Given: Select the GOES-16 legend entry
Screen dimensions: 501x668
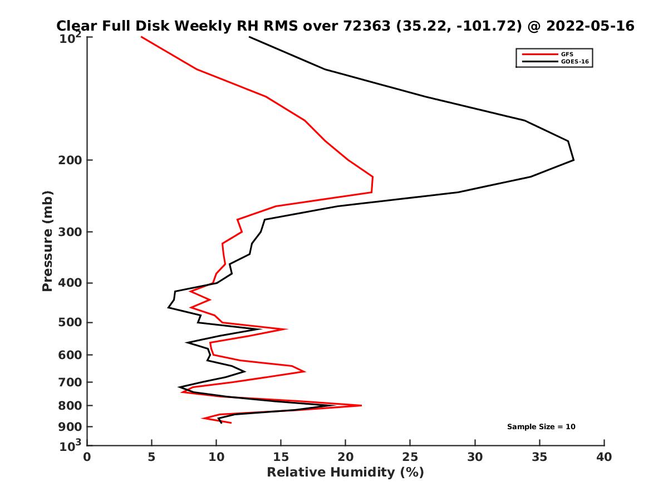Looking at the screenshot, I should click(x=573, y=61).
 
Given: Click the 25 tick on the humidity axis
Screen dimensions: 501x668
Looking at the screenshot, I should click(x=410, y=457).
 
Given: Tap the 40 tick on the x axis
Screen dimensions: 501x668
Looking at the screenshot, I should click(x=604, y=457).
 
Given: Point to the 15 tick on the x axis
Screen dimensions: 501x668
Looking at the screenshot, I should click(x=281, y=457).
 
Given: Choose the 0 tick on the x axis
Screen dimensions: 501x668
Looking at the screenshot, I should click(x=87, y=457).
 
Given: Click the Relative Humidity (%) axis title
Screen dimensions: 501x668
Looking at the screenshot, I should click(x=345, y=473).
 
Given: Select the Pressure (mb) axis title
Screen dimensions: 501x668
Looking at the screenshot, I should click(x=47, y=240).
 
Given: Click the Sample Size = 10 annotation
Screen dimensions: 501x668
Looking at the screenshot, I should click(x=541, y=427).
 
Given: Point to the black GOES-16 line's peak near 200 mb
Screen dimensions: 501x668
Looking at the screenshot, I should click(x=573, y=160).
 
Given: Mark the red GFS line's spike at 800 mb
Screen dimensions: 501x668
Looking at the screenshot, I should click(x=361, y=405).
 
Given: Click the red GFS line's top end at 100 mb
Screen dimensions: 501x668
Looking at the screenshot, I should click(x=141, y=37).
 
